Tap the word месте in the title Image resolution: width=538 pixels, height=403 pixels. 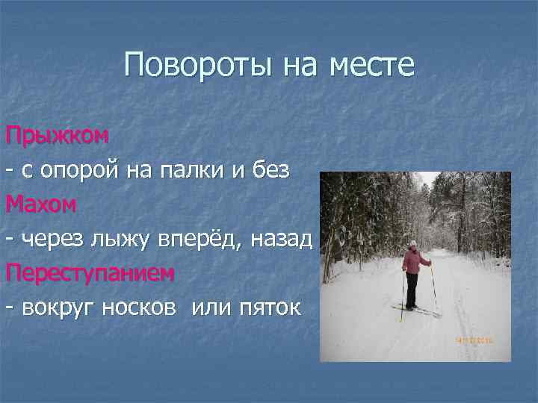coord(372,66)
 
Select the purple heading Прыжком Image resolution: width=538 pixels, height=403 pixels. coord(58,137)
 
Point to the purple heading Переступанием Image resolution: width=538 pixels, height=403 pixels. coord(90,273)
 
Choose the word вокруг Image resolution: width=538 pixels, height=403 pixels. coord(55,307)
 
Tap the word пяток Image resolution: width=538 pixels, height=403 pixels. coord(268,307)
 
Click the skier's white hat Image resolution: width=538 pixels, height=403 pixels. coord(412,243)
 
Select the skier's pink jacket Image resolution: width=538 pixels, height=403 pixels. coord(412,261)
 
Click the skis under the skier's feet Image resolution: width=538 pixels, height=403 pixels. coord(415,310)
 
